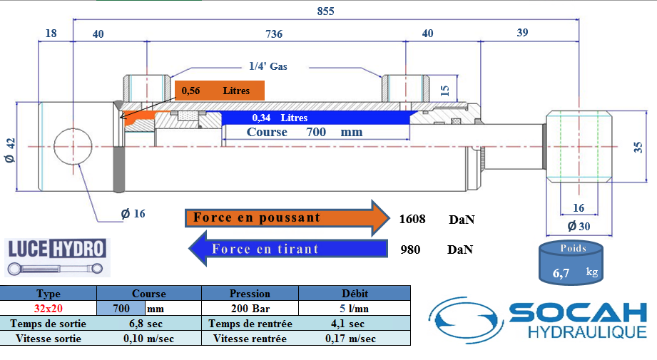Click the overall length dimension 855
point(325,11)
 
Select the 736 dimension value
point(274,34)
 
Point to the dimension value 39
point(522,33)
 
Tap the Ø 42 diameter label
point(10,150)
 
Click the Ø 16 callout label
point(133,214)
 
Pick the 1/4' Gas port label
point(268,66)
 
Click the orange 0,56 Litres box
point(220,91)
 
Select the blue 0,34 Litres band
point(315,118)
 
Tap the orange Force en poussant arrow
point(287,218)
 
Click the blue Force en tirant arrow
point(288,249)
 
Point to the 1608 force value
point(412,219)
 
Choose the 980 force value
point(410,250)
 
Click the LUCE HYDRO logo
point(57,257)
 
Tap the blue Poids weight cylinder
point(571,263)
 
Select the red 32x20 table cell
point(49,309)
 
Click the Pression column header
point(250,293)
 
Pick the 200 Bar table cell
point(250,309)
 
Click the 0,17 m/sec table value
point(350,339)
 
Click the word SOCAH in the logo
point(579,313)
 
